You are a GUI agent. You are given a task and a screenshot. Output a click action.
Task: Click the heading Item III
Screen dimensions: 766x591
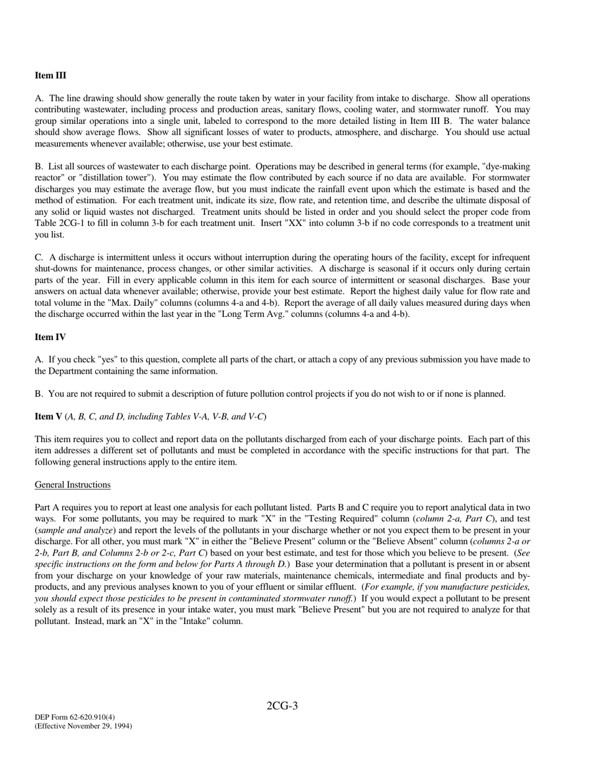[50, 75]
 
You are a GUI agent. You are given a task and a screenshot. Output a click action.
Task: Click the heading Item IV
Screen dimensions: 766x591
[50, 337]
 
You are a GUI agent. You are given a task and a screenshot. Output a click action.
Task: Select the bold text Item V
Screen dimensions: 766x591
[49, 416]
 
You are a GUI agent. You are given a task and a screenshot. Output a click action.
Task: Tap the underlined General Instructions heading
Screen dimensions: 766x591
[73, 485]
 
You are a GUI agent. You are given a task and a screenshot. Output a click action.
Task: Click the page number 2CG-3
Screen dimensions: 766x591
[282, 706]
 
